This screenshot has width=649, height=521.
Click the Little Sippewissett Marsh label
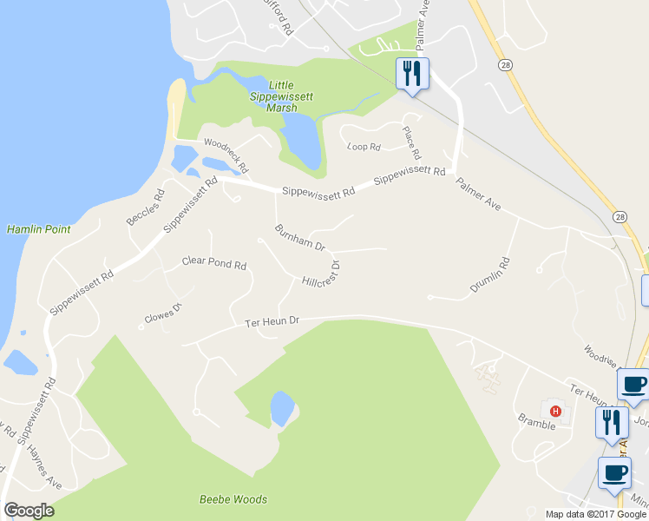click(x=281, y=96)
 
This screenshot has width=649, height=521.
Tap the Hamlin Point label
click(x=38, y=229)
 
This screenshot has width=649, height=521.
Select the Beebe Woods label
click(x=233, y=499)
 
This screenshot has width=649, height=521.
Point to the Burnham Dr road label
click(x=298, y=236)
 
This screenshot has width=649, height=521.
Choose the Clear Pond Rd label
click(x=214, y=262)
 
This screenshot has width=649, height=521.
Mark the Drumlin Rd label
click(x=490, y=274)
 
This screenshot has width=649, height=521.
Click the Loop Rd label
click(x=364, y=148)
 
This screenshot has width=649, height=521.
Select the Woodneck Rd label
click(x=226, y=155)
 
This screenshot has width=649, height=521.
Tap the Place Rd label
click(x=410, y=142)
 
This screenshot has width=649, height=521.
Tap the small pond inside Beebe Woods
click(x=282, y=407)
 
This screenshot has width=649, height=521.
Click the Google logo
click(x=29, y=511)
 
